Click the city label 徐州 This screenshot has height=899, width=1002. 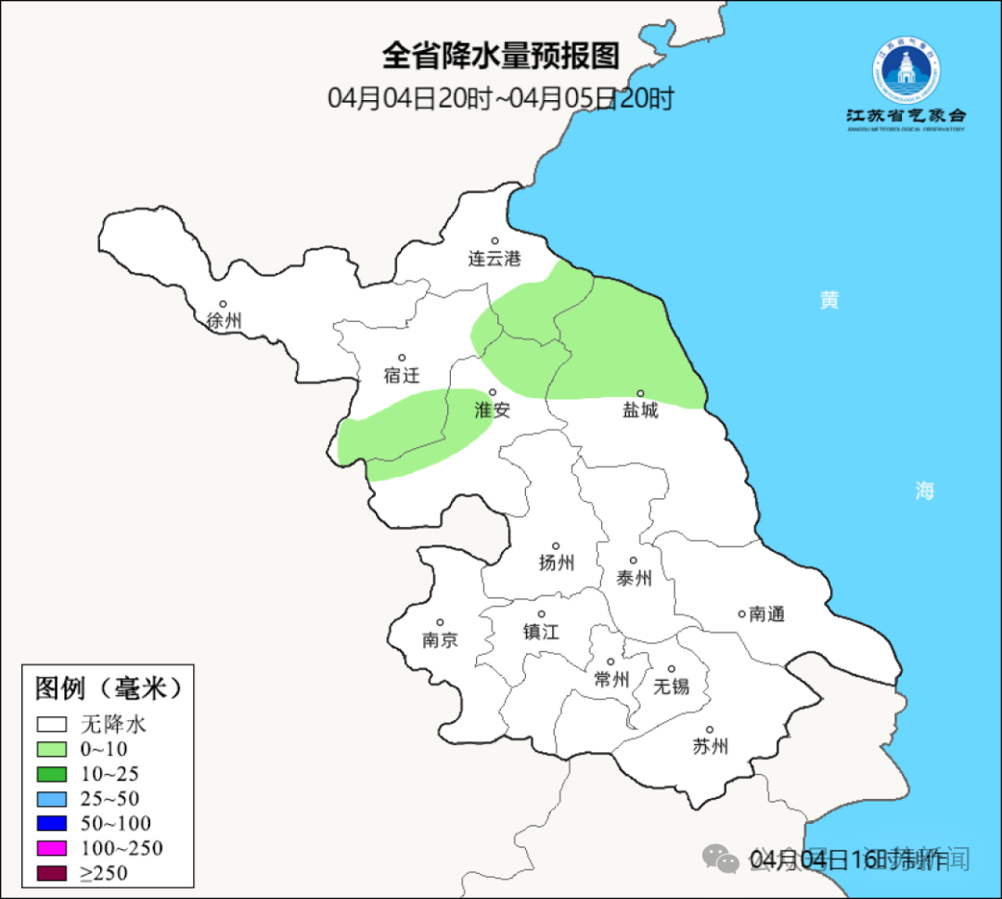click(225, 321)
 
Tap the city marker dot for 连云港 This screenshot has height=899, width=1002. click(495, 241)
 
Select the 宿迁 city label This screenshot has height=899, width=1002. click(402, 376)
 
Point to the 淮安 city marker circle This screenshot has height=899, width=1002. click(493, 392)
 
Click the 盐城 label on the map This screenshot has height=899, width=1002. click(640, 410)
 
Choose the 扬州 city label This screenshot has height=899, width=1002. click(557, 562)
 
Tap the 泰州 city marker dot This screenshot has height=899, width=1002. click(634, 560)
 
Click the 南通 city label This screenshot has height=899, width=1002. click(767, 614)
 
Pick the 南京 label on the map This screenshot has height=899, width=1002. click(440, 640)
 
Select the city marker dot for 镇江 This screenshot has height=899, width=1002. click(542, 614)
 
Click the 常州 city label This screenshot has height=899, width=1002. click(611, 680)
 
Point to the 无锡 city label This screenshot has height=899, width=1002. click(672, 687)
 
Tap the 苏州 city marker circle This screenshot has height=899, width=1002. click(710, 730)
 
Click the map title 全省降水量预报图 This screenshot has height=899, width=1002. click(501, 56)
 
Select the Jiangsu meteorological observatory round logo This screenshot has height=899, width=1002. click(906, 71)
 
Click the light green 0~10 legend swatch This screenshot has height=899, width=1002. click(52, 749)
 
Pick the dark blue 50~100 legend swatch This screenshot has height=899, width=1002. click(52, 823)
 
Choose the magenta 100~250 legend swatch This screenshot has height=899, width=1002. click(52, 848)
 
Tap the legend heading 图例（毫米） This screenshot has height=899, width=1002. click(108, 688)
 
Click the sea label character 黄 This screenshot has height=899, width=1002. click(829, 301)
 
